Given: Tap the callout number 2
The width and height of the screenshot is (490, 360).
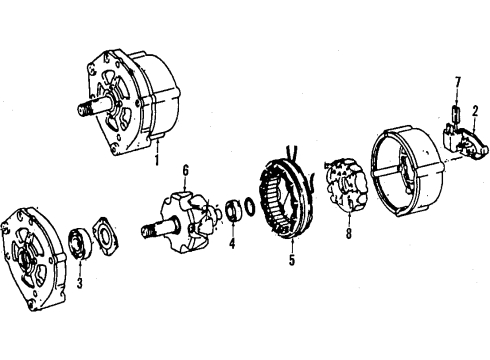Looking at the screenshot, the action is [475, 112].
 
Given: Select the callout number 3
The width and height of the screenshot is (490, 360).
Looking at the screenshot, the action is [79, 283].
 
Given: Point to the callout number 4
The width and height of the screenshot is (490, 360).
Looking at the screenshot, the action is [232, 243].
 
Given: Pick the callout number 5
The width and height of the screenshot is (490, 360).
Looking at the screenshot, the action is [292, 260].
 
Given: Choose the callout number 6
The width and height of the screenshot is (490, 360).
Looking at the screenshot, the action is [185, 170].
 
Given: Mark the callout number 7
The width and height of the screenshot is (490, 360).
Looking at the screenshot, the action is [458, 82].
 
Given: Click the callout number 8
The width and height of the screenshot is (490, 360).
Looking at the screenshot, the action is [349, 233].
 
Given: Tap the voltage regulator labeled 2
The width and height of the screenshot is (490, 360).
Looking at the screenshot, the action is [465, 140].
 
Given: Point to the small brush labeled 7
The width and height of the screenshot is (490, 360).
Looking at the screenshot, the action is [456, 113].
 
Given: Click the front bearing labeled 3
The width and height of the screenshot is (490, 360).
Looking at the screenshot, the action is [80, 243].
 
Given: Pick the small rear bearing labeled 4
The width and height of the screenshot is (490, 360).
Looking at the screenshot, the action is [232, 210].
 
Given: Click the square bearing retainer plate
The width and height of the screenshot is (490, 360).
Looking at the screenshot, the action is [105, 235].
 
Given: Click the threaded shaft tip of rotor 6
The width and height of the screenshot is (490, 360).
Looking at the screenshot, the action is [148, 232].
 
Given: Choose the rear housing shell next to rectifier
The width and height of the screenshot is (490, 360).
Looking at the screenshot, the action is [408, 171].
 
